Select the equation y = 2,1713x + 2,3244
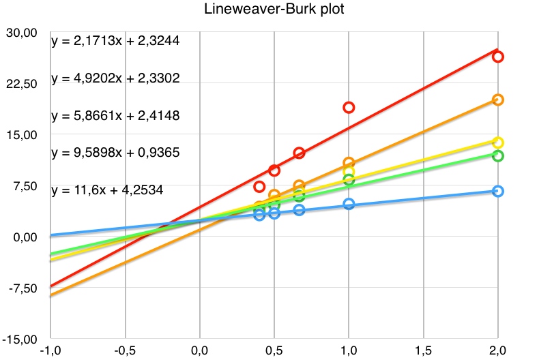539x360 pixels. click(x=115, y=41)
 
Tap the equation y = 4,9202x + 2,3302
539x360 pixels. click(x=115, y=78)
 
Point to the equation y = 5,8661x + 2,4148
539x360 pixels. click(x=115, y=115)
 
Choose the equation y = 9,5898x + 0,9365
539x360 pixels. click(x=115, y=153)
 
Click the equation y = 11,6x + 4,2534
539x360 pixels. click(x=107, y=190)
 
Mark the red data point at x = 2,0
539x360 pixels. click(x=498, y=57)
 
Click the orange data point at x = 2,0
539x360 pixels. click(x=498, y=100)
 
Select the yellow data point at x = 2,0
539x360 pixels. click(x=498, y=142)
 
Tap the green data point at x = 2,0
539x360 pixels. click(x=498, y=156)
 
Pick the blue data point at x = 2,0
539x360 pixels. click(x=498, y=191)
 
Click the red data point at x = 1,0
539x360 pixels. click(x=349, y=107)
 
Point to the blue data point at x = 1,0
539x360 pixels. click(x=349, y=204)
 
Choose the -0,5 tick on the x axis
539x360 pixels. click(x=125, y=350)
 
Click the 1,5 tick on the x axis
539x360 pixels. click(x=423, y=350)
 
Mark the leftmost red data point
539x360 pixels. click(x=259, y=187)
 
